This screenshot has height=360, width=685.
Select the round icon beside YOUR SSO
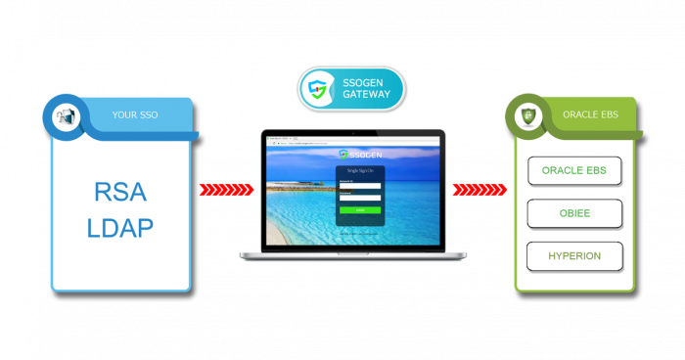pyautogui.click(x=65, y=115)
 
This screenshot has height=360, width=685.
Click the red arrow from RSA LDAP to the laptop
pyautogui.click(x=226, y=189)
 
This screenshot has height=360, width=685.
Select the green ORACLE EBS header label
pyautogui.click(x=588, y=115)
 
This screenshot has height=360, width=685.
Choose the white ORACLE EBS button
pyautogui.click(x=574, y=171)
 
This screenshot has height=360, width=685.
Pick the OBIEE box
pyautogui.click(x=574, y=213)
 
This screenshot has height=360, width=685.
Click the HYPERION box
pyautogui.click(x=574, y=256)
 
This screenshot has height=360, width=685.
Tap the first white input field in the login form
pyautogui.click(x=360, y=186)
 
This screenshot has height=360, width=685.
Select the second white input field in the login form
pyautogui.click(x=360, y=199)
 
